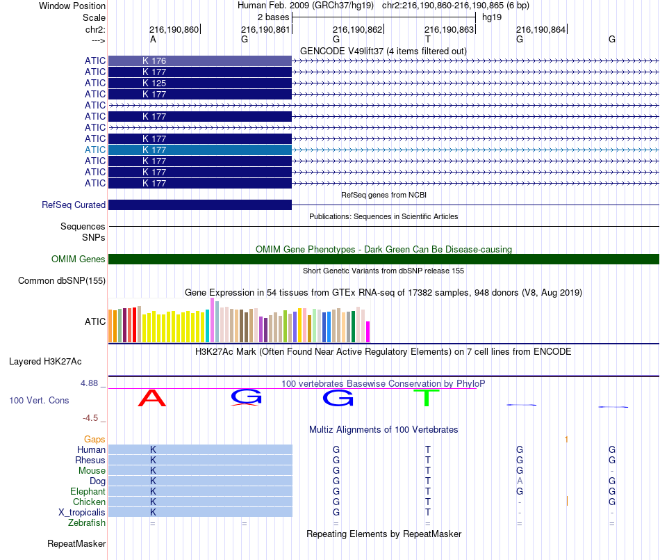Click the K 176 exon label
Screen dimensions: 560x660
coord(154,61)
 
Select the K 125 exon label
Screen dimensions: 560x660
coord(154,83)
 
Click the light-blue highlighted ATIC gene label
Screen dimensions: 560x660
coord(95,150)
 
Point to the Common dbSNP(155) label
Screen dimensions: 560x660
coord(62,281)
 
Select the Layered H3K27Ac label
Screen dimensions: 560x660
coord(45,362)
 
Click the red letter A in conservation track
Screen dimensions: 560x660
coord(153,399)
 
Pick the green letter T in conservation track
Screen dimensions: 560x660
coord(427,399)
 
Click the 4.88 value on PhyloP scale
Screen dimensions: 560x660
coord(92,383)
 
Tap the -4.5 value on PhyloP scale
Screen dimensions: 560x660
coord(93,418)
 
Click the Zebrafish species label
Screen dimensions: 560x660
coord(87,523)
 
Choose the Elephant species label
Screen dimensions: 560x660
coord(88,492)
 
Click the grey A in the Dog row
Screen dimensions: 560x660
coord(520,481)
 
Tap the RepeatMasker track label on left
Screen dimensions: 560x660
coord(76,544)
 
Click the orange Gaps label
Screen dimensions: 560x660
coord(94,440)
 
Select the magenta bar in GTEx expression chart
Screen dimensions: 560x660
coord(368,332)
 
